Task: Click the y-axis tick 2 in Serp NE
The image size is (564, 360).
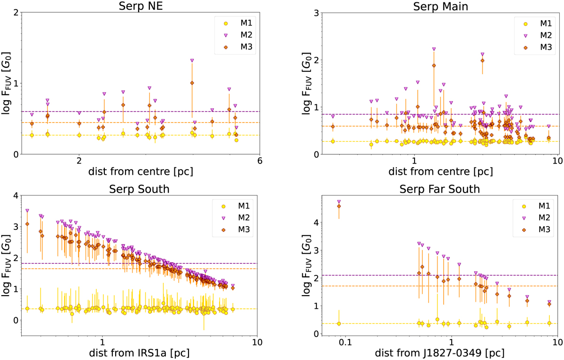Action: [16, 13]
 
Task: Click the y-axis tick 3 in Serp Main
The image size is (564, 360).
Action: [314, 13]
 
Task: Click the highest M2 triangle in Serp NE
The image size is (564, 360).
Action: [192, 61]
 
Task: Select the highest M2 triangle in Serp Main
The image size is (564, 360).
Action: [434, 49]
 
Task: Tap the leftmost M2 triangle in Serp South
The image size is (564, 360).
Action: [27, 211]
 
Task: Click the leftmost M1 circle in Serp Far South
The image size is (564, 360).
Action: [339, 324]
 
